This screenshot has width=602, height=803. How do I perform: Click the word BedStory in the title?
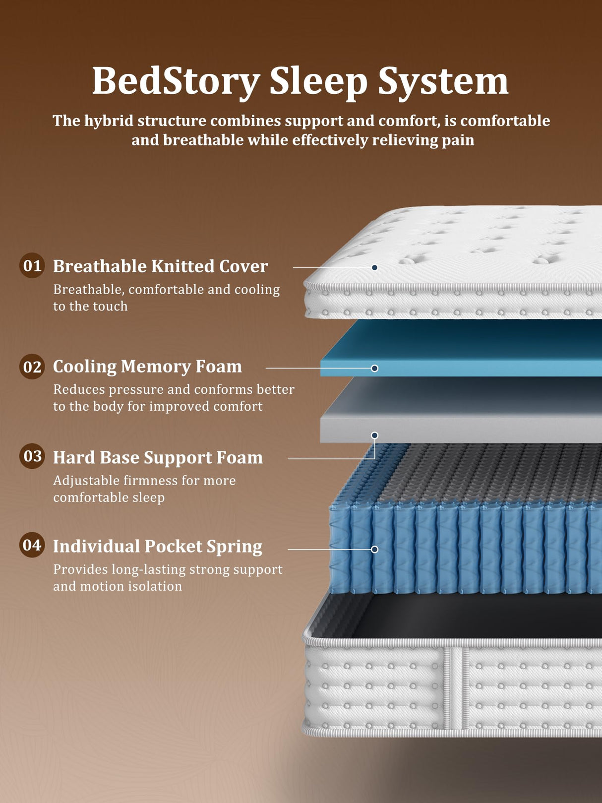[x=176, y=81]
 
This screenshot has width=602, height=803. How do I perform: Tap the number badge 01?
[x=32, y=265]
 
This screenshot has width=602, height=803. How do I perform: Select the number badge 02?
[x=32, y=367]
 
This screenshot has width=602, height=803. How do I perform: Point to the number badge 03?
[x=32, y=456]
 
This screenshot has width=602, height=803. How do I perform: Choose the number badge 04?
[x=32, y=545]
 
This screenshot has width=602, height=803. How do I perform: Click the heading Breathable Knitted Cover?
[x=160, y=266]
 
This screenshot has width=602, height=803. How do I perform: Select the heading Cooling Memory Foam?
[x=147, y=367]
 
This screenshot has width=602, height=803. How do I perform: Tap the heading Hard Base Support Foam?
[x=158, y=457]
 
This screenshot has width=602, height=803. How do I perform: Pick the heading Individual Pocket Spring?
[x=157, y=546]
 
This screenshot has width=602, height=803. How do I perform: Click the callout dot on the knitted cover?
[x=375, y=267]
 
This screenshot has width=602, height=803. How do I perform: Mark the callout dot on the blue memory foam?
[x=375, y=368]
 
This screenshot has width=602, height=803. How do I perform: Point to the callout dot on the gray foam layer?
[x=375, y=435]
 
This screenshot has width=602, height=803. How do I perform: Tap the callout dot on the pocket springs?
[x=375, y=550]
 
